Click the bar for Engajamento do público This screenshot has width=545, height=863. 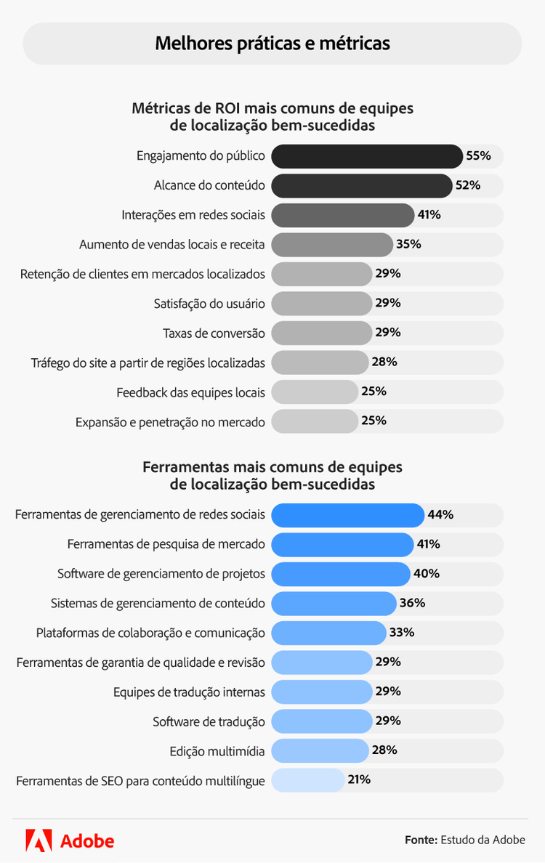366,156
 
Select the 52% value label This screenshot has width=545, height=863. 468,185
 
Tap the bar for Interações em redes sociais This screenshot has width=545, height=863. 342,215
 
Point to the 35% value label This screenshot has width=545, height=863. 408,244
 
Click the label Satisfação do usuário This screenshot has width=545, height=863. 209,303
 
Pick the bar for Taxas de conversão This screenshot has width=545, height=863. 321,333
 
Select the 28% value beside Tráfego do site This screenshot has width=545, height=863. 384,362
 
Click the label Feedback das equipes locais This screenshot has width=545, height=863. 190,392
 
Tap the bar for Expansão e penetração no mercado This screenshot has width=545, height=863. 315,421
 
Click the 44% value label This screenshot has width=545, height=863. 440,515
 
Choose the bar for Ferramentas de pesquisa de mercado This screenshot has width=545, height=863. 342,544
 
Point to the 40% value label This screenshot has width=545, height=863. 427,574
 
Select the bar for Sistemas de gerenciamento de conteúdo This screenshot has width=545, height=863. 334,603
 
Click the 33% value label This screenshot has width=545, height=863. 402,633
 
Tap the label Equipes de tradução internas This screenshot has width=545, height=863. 189,692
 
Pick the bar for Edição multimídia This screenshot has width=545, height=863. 320,750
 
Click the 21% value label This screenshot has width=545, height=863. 359,780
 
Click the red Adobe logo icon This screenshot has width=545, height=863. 39,840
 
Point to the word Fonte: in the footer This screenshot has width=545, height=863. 421,840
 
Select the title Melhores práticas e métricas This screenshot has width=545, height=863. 272,44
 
